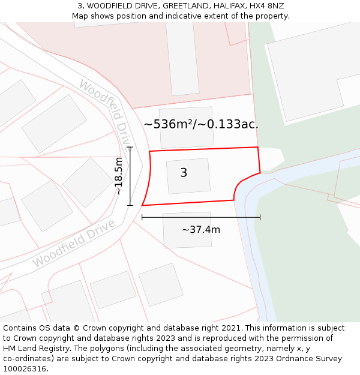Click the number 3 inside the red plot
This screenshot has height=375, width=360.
point(184,173)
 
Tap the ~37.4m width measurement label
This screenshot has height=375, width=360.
point(200,229)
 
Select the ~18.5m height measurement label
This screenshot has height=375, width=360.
point(119,176)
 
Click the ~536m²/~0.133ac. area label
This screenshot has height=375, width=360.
point(201,124)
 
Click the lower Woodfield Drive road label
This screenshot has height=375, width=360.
point(73,244)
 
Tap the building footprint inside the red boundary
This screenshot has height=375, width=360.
point(188,176)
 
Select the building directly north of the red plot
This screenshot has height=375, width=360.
point(187,127)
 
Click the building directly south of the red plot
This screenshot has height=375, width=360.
point(187,229)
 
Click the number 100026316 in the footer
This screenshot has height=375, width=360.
point(23,369)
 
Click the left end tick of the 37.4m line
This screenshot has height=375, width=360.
point(142,217)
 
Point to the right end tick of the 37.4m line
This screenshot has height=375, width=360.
point(260,217)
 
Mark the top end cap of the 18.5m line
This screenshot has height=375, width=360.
point(130,147)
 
